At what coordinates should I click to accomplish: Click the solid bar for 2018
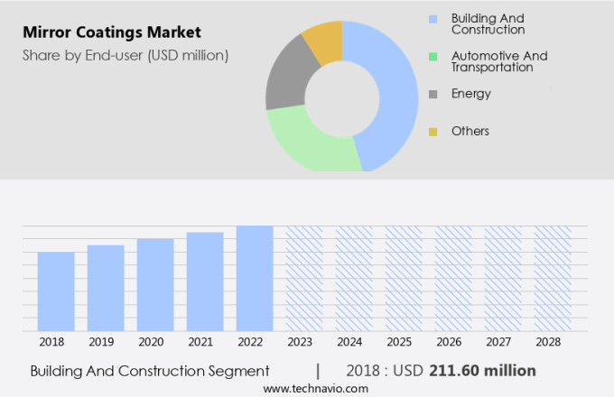tap(56, 291)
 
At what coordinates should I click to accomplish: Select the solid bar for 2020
tap(155, 285)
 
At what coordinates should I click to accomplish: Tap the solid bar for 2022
tap(255, 278)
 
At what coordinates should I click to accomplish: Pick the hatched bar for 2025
tap(404, 278)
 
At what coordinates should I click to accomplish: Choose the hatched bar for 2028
tap(553, 278)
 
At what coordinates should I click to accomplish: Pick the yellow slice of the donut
tap(324, 40)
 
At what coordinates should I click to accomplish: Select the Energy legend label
tap(470, 94)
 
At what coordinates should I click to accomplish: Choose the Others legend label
tap(470, 131)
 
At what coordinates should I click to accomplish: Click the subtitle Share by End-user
tap(126, 55)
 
